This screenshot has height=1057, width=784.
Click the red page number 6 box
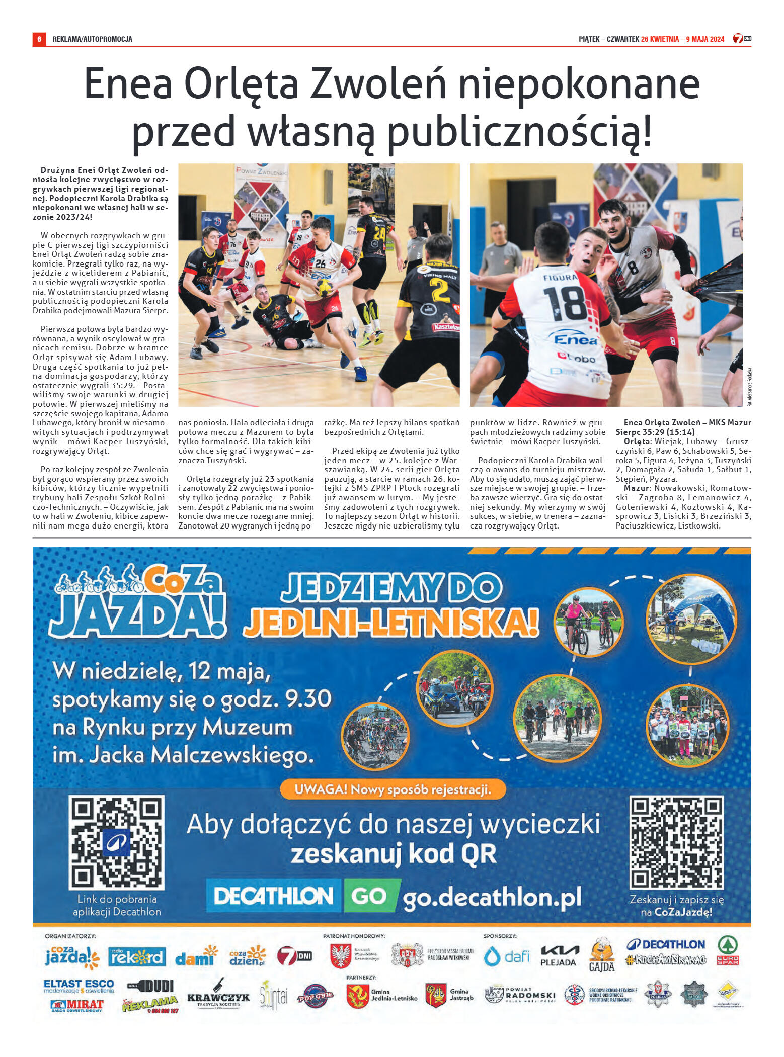pos(39,39)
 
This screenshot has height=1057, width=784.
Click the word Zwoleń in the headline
pos(377,84)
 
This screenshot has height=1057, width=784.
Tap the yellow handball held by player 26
pos(324,288)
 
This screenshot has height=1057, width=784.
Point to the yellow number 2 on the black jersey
pos(439,291)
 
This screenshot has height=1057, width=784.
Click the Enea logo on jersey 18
pos(575,340)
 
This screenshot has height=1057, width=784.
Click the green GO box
pos(370,896)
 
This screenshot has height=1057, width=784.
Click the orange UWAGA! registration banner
pos(393,789)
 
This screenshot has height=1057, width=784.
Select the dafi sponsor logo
pos(506,956)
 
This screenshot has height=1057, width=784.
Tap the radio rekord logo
pos(137,956)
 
